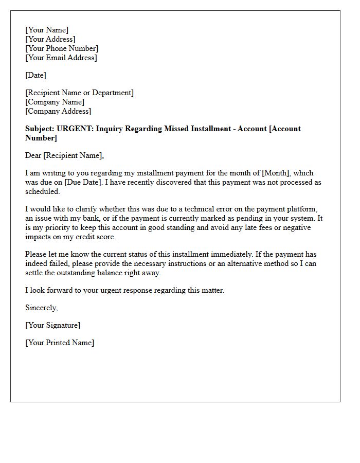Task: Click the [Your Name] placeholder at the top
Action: pos(47,30)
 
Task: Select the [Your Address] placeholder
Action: pos(50,39)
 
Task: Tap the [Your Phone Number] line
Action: pos(62,48)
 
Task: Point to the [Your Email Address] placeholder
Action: pos(61,58)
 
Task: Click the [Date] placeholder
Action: pos(35,75)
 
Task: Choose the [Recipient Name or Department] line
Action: pos(79,93)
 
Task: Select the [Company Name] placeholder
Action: pos(55,102)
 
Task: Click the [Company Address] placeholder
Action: pos(58,111)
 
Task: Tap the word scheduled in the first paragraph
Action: pos(42,191)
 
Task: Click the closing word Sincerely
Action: pos(42,308)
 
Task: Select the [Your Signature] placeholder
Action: pos(52,325)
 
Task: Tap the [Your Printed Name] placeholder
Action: pos(60,343)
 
